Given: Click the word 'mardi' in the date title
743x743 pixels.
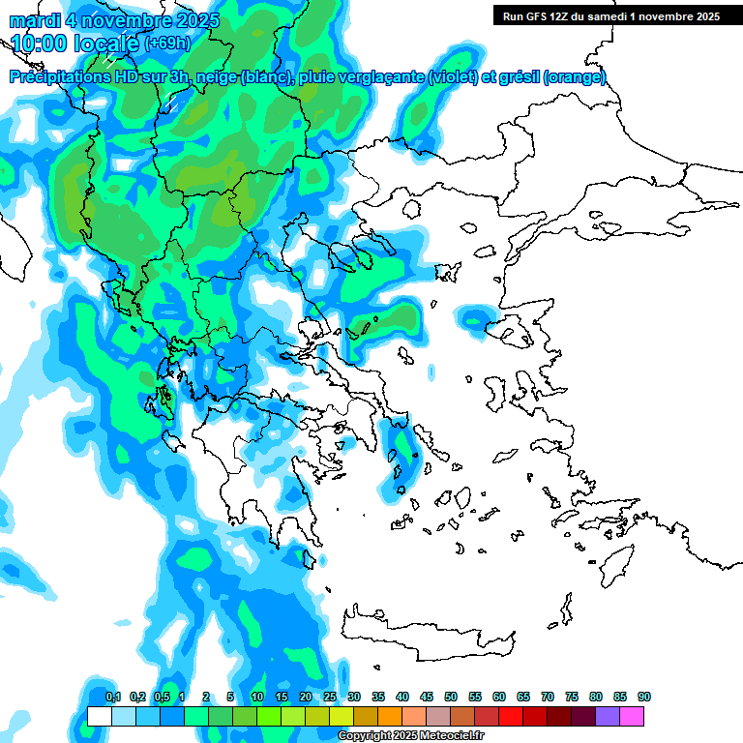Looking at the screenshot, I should (x=35, y=20).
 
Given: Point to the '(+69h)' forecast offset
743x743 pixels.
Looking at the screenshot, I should (x=167, y=44).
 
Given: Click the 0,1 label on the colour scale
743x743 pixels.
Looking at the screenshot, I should (x=112, y=697).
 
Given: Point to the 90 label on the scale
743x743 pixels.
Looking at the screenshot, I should (x=644, y=697).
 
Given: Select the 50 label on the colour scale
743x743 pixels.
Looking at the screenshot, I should (x=451, y=697).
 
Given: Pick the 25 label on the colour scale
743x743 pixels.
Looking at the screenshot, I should (x=330, y=697).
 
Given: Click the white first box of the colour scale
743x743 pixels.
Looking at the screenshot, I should (x=100, y=716).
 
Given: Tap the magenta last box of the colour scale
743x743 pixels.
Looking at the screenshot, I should (x=632, y=716).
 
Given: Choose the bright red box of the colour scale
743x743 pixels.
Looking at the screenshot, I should (x=511, y=716).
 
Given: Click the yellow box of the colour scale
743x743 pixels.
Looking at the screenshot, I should (x=342, y=716).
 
